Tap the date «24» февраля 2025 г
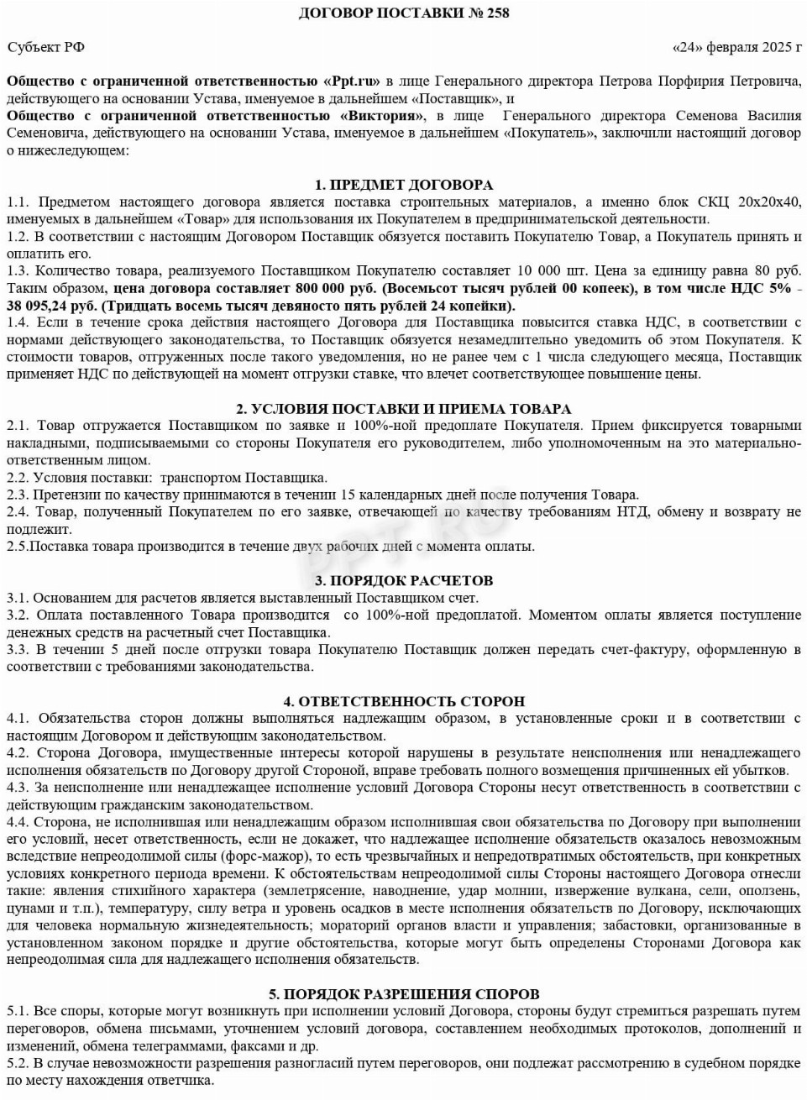[737, 47]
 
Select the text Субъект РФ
[46, 47]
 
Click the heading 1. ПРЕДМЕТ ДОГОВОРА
[403, 185]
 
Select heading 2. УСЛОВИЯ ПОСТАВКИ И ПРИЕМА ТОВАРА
[403, 409]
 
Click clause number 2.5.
[17, 547]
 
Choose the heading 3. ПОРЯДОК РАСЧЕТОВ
[403, 581]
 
